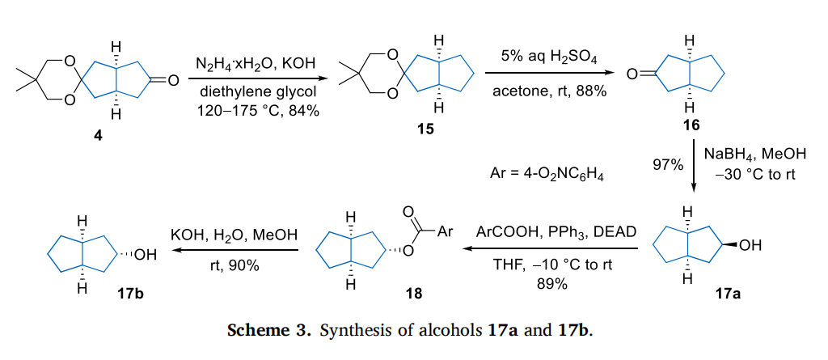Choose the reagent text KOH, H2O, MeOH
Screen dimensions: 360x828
(x=234, y=235)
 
